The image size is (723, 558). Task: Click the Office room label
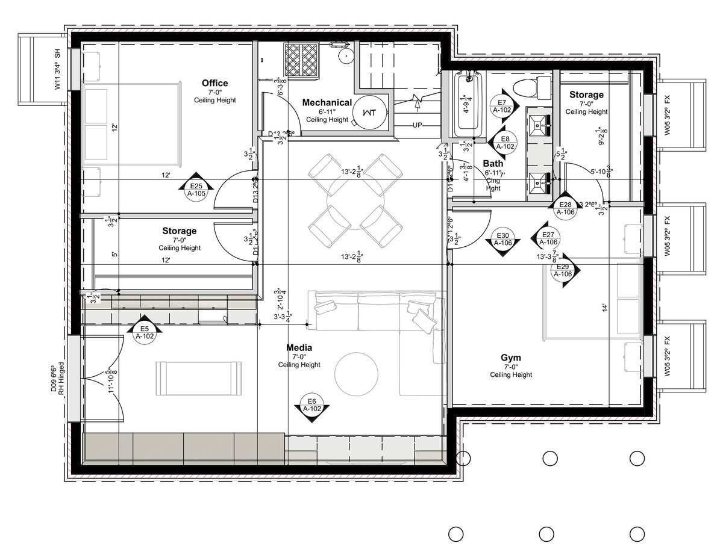214,83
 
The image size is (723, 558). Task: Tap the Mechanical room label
327,103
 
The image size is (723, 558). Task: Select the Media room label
299,348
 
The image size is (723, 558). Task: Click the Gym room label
510,358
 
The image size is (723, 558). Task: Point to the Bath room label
493,163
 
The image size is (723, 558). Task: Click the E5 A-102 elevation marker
145,332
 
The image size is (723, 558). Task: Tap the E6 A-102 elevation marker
311,405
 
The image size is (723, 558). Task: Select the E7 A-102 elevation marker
501,106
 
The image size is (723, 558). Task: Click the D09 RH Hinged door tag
57,379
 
